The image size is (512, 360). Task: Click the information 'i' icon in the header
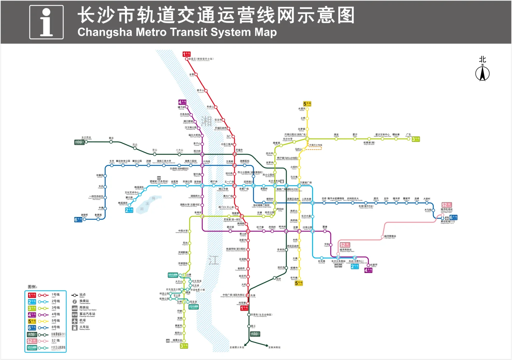pyautogui.click(x=46, y=22)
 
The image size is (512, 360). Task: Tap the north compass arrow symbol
pyautogui.click(x=482, y=73)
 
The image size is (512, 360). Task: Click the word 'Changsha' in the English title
pyautogui.click(x=105, y=32)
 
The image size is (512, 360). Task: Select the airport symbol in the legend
pyautogui.click(x=75, y=321)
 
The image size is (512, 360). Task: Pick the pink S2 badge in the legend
pyautogui.click(x=32, y=341)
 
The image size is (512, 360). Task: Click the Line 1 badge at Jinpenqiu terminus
pyautogui.click(x=187, y=54)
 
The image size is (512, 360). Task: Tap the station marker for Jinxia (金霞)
pyautogui.click(x=196, y=75)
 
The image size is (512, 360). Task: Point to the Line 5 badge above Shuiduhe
pyautogui.click(x=307, y=104)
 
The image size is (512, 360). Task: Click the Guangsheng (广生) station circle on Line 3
pyautogui.click(x=408, y=139)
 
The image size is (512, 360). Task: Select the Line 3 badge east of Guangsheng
pyautogui.click(x=416, y=139)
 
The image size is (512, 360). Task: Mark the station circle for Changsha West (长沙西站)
pyautogui.click(x=86, y=142)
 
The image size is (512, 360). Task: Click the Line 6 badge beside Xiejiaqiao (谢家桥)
pyautogui.click(x=78, y=219)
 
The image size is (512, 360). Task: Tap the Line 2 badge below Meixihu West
pyautogui.click(x=129, y=210)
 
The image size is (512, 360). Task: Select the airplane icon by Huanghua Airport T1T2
pyautogui.click(x=447, y=218)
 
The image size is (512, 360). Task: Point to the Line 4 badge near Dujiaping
pyautogui.click(x=368, y=270)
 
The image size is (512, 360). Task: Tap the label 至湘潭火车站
pyautogui.click(x=237, y=347)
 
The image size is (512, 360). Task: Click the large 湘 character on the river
pyautogui.click(x=206, y=121)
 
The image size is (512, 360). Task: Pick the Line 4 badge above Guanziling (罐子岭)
pyautogui.click(x=182, y=102)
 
